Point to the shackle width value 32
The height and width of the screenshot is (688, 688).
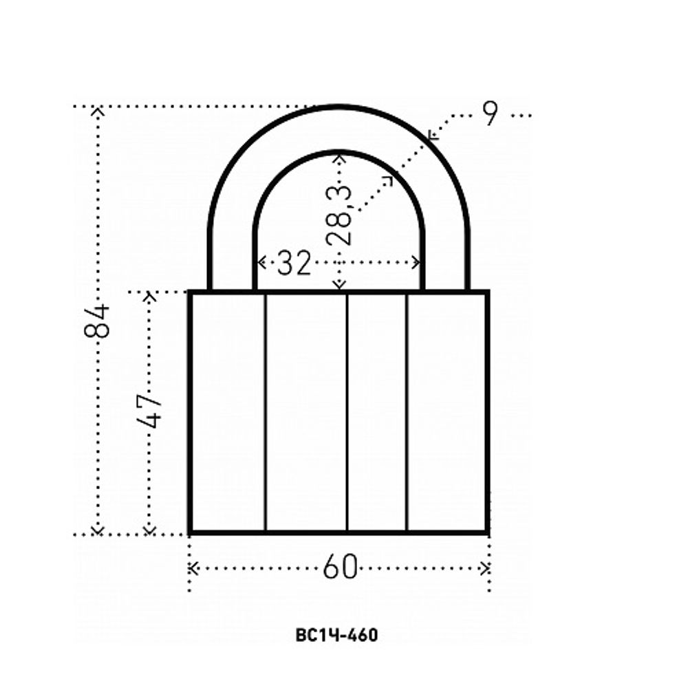(x=294, y=262)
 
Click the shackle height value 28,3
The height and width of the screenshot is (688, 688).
(x=339, y=215)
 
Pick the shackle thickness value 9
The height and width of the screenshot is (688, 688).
(x=491, y=114)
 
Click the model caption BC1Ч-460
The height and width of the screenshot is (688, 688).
(x=336, y=635)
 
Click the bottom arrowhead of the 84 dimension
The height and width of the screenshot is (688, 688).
(x=98, y=531)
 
